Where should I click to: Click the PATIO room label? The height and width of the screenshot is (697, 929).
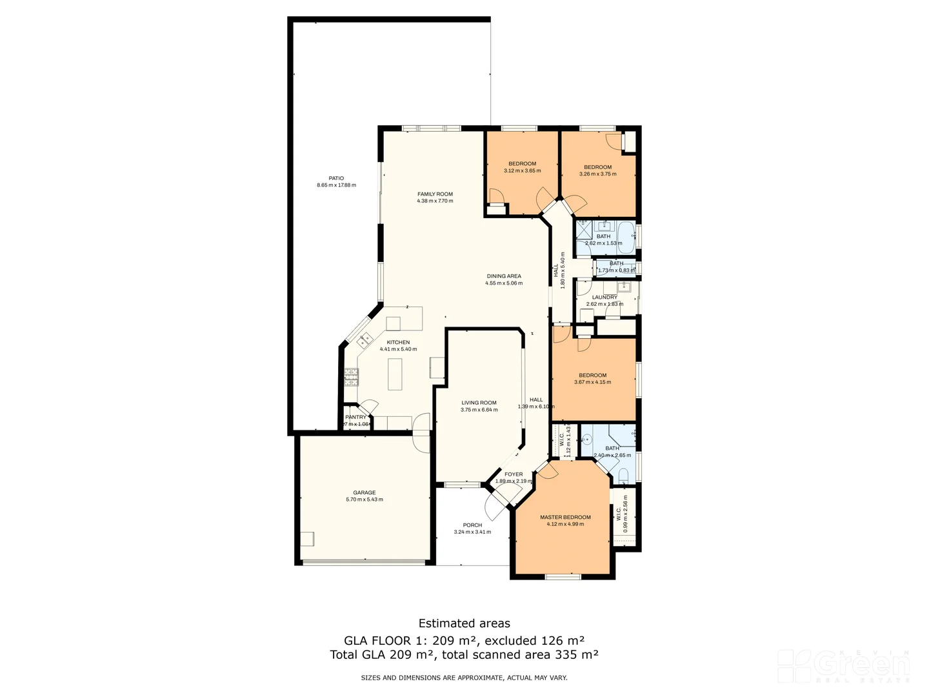[x=336, y=178]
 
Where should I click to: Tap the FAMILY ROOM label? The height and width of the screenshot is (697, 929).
[x=435, y=194]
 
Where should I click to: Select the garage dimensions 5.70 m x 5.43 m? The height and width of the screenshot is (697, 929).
[x=365, y=500]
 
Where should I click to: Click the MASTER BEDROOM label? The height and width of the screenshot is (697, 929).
[x=565, y=517]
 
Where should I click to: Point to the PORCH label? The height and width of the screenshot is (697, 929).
[x=472, y=525]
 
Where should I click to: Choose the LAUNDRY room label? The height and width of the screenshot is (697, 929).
[x=604, y=298]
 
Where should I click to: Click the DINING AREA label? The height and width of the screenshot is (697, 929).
[x=504, y=276]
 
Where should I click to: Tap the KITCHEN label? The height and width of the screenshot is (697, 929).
[x=398, y=342]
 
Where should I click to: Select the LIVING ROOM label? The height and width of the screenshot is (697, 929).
[x=479, y=403]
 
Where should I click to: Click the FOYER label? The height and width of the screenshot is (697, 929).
[x=514, y=474]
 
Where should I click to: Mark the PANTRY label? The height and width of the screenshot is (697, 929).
[x=355, y=417]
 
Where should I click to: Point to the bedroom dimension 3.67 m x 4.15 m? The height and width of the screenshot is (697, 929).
[x=592, y=382]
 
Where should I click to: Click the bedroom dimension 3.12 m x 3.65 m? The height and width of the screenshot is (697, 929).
[x=522, y=171]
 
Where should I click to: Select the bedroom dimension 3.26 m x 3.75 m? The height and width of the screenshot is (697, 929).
[x=597, y=174]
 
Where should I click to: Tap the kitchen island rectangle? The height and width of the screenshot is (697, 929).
[x=395, y=374]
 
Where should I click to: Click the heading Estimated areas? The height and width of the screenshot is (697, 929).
[x=464, y=623]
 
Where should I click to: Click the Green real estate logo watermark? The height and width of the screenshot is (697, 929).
[x=845, y=666]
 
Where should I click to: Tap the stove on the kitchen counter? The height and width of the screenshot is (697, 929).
[x=350, y=375]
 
